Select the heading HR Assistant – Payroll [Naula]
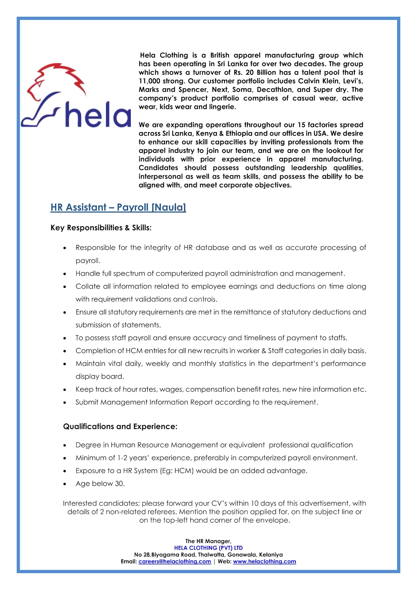pyautogui.click(x=118, y=208)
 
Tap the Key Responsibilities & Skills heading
pyautogui.click(x=101, y=228)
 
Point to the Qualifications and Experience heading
pyautogui.click(x=120, y=427)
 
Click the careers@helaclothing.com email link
pyautogui.click(x=175, y=561)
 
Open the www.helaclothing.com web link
pyautogui.click(x=264, y=561)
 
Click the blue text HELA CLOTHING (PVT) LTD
pyautogui.click(x=208, y=548)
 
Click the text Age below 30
pyautogui.click(x=100, y=484)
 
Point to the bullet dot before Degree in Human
pyautogui.click(x=65, y=445)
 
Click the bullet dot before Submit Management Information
pyautogui.click(x=65, y=403)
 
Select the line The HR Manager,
pyautogui.click(x=208, y=541)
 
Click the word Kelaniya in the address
pyautogui.click(x=271, y=555)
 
